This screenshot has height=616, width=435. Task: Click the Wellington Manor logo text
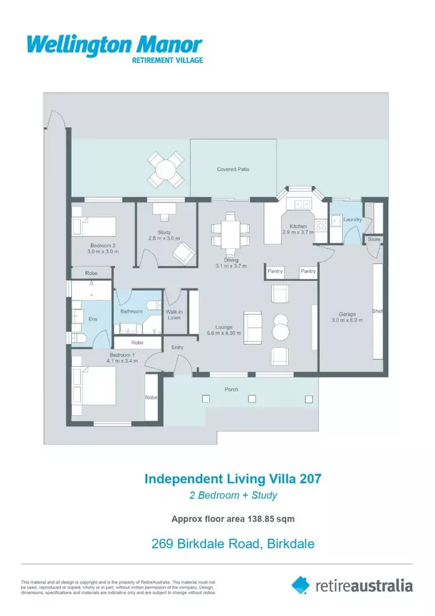pos(115,45)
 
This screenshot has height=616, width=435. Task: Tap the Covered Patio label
pos(233,169)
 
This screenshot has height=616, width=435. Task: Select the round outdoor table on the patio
pos(166,169)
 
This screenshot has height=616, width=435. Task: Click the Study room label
pos(164,232)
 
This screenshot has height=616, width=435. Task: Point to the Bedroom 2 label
pos(102,245)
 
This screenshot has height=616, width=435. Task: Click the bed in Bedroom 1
pos(95,386)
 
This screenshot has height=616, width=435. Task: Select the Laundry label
pos(353,219)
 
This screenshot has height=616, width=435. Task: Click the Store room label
pos(373,239)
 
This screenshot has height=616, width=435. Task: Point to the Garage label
pos(347,314)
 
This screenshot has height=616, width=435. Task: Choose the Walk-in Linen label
pos(173,314)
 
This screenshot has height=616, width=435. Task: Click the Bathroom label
pos(131,311)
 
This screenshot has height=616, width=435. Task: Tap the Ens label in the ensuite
pos(92,319)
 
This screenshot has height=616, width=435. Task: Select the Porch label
pos(231,390)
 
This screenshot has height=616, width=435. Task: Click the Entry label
pos(177,347)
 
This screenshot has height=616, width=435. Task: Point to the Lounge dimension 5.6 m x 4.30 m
pos(223,333)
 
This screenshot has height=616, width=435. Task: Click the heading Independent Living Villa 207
pos(233,478)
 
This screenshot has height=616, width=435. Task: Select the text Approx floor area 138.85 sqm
pos(233,519)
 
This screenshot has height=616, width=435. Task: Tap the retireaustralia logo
pos(352,585)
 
